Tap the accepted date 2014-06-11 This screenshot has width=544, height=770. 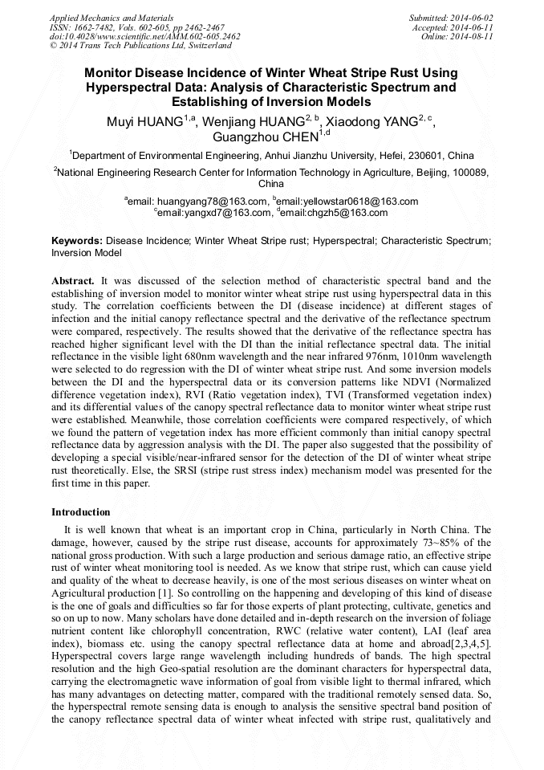coord(476,27)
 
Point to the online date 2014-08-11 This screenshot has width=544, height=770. coord(476,37)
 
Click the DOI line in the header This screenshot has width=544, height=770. coord(144,37)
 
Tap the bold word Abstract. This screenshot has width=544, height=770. coord(73,281)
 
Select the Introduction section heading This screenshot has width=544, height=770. coord(81,511)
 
